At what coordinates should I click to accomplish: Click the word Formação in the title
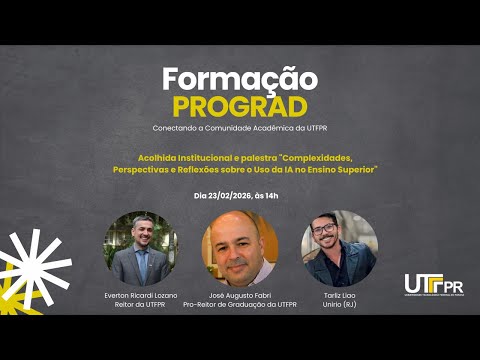coord(240,79)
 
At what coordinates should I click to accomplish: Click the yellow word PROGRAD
coord(240,105)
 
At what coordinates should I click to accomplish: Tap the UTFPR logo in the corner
coord(433,285)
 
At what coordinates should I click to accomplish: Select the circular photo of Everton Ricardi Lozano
coord(140,249)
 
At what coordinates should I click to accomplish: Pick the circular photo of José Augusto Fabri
coord(240,250)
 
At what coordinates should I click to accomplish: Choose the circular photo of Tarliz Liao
coord(339,249)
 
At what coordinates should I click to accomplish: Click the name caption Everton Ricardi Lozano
coord(140,296)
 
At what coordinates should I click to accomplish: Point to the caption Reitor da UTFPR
coord(140,304)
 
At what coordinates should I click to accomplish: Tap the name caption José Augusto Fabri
coord(240,296)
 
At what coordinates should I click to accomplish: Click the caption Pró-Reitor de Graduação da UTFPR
coord(240,304)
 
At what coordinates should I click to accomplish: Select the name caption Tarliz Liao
coord(339,296)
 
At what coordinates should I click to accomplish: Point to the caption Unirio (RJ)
coord(339,304)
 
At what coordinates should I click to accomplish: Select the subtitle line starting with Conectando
coord(240,128)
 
